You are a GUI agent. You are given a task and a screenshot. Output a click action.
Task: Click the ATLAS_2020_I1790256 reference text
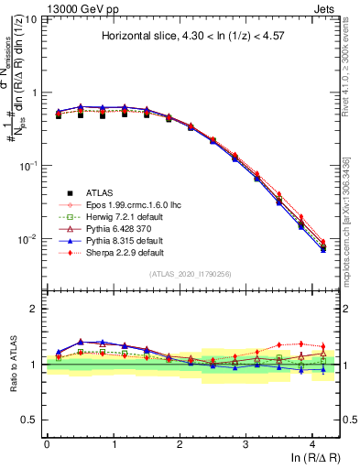point(191,274)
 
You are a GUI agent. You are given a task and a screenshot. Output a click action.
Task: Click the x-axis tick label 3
point(245,444)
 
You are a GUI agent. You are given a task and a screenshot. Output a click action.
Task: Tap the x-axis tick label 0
point(47,444)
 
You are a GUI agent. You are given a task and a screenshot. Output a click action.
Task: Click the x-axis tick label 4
point(312,444)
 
